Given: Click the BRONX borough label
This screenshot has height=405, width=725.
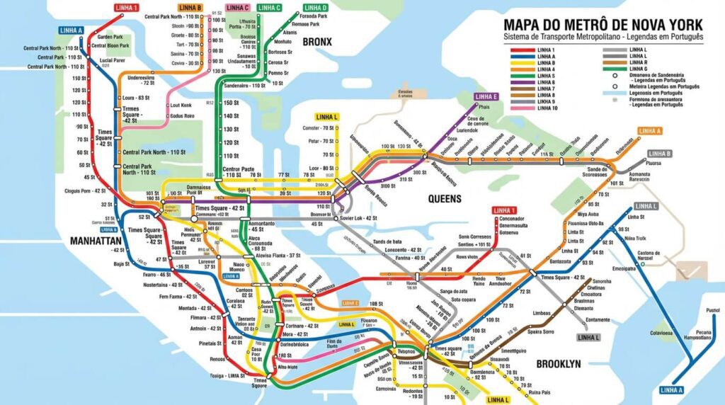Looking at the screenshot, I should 316,42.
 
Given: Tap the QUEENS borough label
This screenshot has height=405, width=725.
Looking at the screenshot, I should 445,199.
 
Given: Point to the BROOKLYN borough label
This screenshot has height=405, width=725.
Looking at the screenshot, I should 558,364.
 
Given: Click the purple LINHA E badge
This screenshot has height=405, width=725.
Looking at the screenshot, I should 486,97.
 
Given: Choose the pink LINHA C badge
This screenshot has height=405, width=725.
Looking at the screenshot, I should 237,8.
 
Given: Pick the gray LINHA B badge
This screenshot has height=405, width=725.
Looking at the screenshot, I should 659,154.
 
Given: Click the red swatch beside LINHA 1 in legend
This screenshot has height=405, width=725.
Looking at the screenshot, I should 523,50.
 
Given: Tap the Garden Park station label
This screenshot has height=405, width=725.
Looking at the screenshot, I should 110,37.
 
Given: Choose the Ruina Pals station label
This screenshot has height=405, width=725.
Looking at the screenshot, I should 540,392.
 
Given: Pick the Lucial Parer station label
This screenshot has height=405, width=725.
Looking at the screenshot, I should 112,60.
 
